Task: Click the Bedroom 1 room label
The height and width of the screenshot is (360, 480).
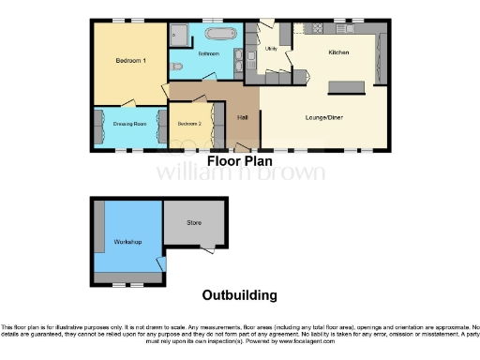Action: pos(130,61)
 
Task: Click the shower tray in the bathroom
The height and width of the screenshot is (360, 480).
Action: pos(181,35)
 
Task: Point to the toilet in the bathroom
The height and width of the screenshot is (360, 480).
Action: pos(178,66)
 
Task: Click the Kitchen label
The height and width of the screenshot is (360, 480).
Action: pos(338,52)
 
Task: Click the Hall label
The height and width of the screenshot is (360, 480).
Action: pos(243,117)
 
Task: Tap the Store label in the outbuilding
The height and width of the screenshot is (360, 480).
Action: pos(194,223)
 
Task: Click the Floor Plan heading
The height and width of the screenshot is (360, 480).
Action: pos(239,160)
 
